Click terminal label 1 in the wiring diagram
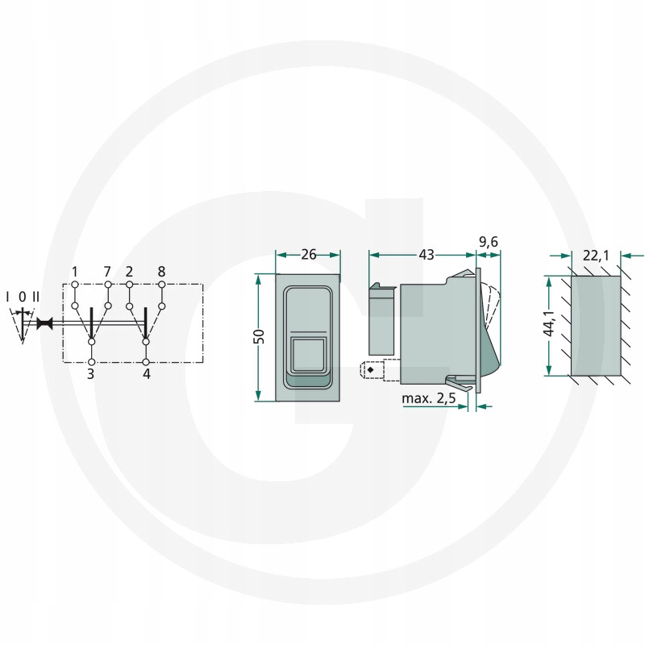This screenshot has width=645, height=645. [x=74, y=272]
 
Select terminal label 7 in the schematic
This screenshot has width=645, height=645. [x=107, y=272]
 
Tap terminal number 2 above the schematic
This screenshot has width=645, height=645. [x=129, y=272]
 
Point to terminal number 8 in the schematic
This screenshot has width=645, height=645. [x=161, y=272]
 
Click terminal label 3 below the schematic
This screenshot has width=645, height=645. [x=91, y=374]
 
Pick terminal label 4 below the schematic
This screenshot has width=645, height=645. [x=147, y=374]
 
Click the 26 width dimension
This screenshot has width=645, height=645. [x=309, y=255]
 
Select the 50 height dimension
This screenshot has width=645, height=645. [x=260, y=336]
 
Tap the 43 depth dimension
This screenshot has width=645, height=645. [x=427, y=255]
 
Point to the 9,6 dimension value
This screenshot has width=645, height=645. [x=489, y=242]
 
